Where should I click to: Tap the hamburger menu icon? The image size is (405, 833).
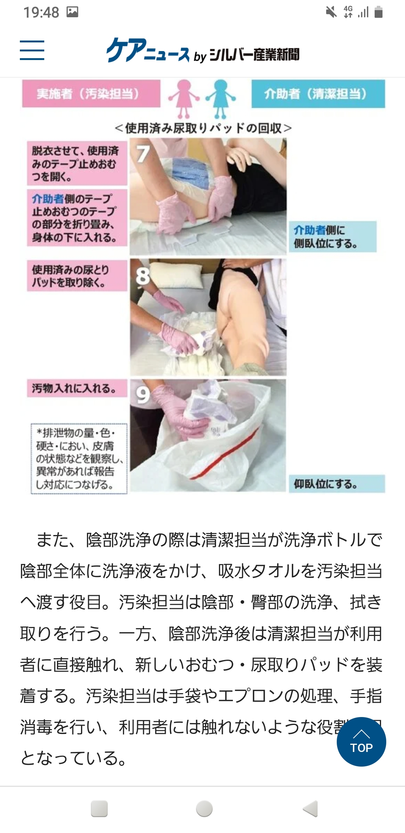(x=32, y=50)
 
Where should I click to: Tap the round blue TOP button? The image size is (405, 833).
(x=361, y=741)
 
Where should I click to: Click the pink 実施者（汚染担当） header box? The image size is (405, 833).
(x=91, y=93)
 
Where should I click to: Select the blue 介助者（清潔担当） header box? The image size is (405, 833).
(x=318, y=94)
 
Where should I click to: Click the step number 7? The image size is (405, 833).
(x=142, y=154)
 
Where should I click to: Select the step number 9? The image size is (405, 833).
(x=142, y=395)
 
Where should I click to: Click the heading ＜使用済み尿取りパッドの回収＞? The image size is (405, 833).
(x=203, y=128)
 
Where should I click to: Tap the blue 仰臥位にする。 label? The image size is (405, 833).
(x=336, y=484)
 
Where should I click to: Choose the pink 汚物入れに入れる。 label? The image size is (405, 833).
(x=77, y=388)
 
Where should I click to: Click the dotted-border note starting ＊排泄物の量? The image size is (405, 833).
(x=79, y=459)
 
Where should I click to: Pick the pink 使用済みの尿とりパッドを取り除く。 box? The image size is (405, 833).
(x=77, y=276)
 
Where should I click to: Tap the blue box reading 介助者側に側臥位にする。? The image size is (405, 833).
(x=332, y=236)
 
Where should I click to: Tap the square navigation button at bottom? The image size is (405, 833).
(x=99, y=809)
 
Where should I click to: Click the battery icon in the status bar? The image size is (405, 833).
(x=379, y=12)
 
